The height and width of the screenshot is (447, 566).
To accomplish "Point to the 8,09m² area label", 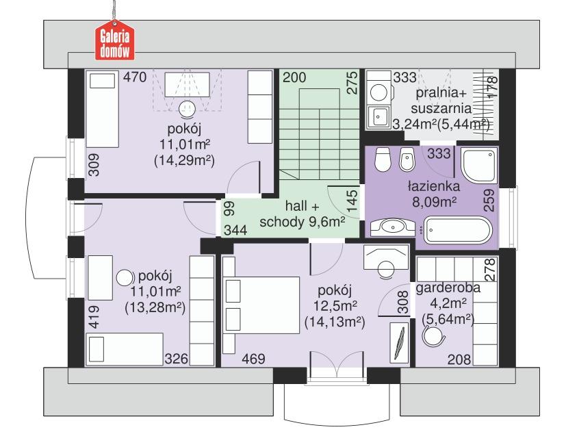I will pos(433,201).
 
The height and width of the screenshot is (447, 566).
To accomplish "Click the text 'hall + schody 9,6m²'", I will pos(301,213).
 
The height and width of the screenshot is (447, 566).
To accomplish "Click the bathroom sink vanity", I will pos(392,227).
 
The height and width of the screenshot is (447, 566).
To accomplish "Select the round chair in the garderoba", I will pos(433,335).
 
